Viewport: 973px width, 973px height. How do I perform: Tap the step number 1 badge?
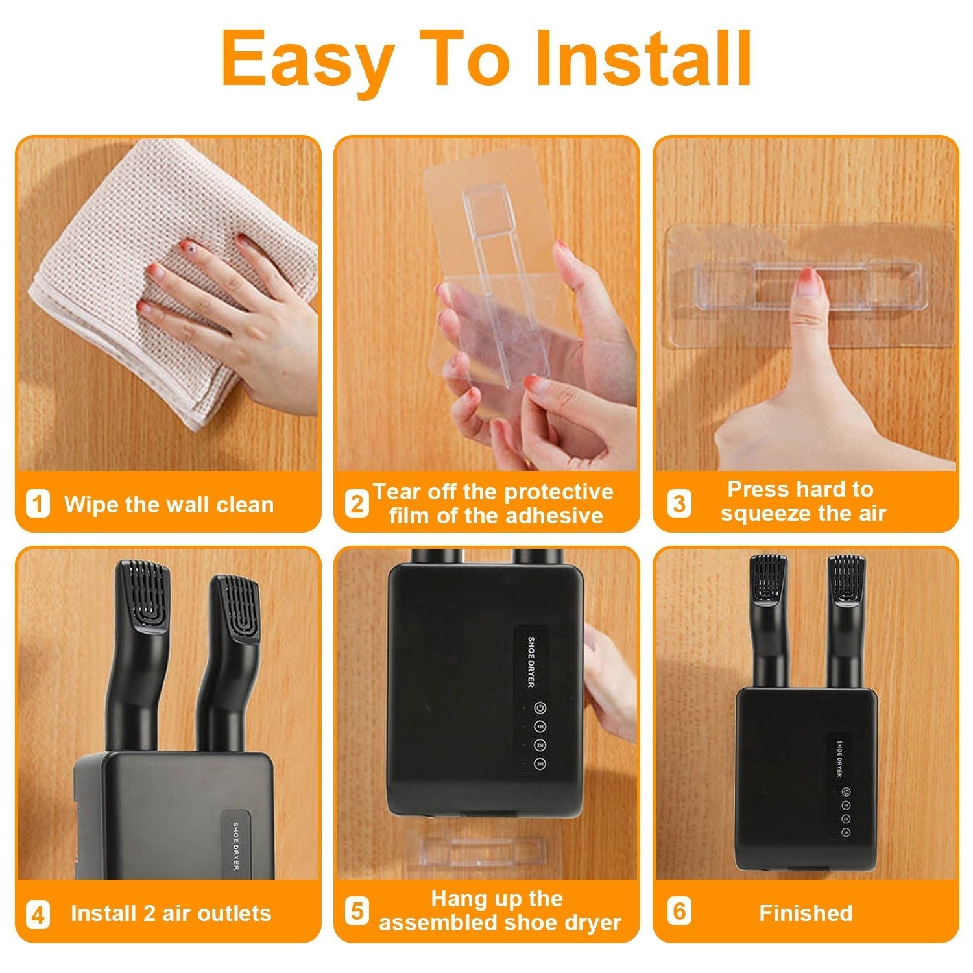coord(38,504)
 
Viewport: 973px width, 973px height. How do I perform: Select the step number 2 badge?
coord(356,503)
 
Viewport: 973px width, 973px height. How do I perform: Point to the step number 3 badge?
coord(679,503)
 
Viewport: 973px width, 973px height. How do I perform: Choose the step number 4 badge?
coord(38,915)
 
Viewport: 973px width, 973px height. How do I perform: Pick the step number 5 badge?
coord(356,910)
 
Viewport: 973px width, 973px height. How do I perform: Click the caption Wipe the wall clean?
coord(169,505)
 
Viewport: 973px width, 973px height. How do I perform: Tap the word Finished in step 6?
coord(806,913)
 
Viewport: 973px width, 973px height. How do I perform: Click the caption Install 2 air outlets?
coord(171,913)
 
